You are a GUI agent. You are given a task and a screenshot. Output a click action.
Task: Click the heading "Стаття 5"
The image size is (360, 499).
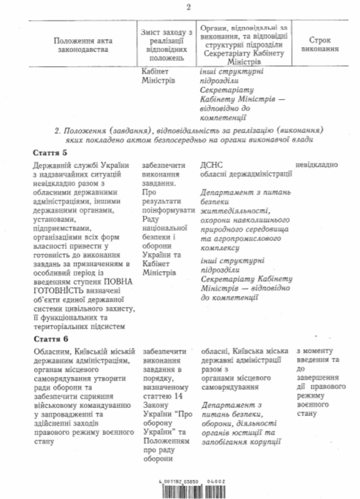click(x=49, y=152)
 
